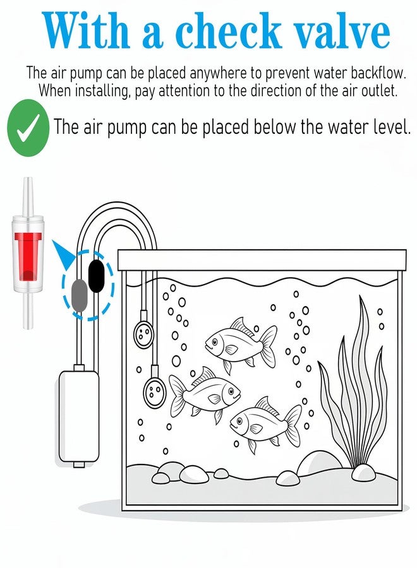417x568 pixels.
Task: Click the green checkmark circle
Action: [28, 128]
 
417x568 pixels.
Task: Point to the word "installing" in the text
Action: [102, 90]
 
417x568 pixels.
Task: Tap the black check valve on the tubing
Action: [97, 276]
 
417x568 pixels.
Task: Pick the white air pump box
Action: [79, 417]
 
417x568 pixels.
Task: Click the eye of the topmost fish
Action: [215, 341]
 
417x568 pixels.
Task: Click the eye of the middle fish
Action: [231, 391]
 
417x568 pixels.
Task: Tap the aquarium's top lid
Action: [262, 260]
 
